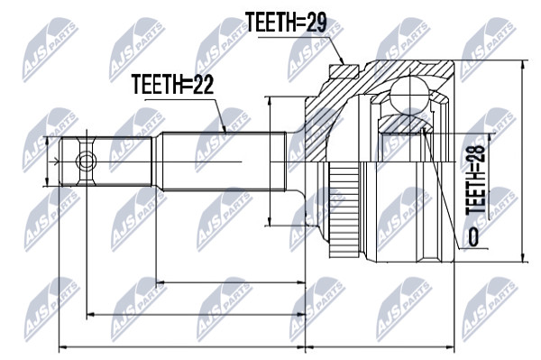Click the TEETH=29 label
(286, 22)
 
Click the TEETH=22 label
(173, 85)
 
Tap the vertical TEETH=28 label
(476, 180)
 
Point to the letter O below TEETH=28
(473, 236)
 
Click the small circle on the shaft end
(86, 162)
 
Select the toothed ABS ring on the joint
(344, 210)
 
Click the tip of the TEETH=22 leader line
(225, 133)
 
